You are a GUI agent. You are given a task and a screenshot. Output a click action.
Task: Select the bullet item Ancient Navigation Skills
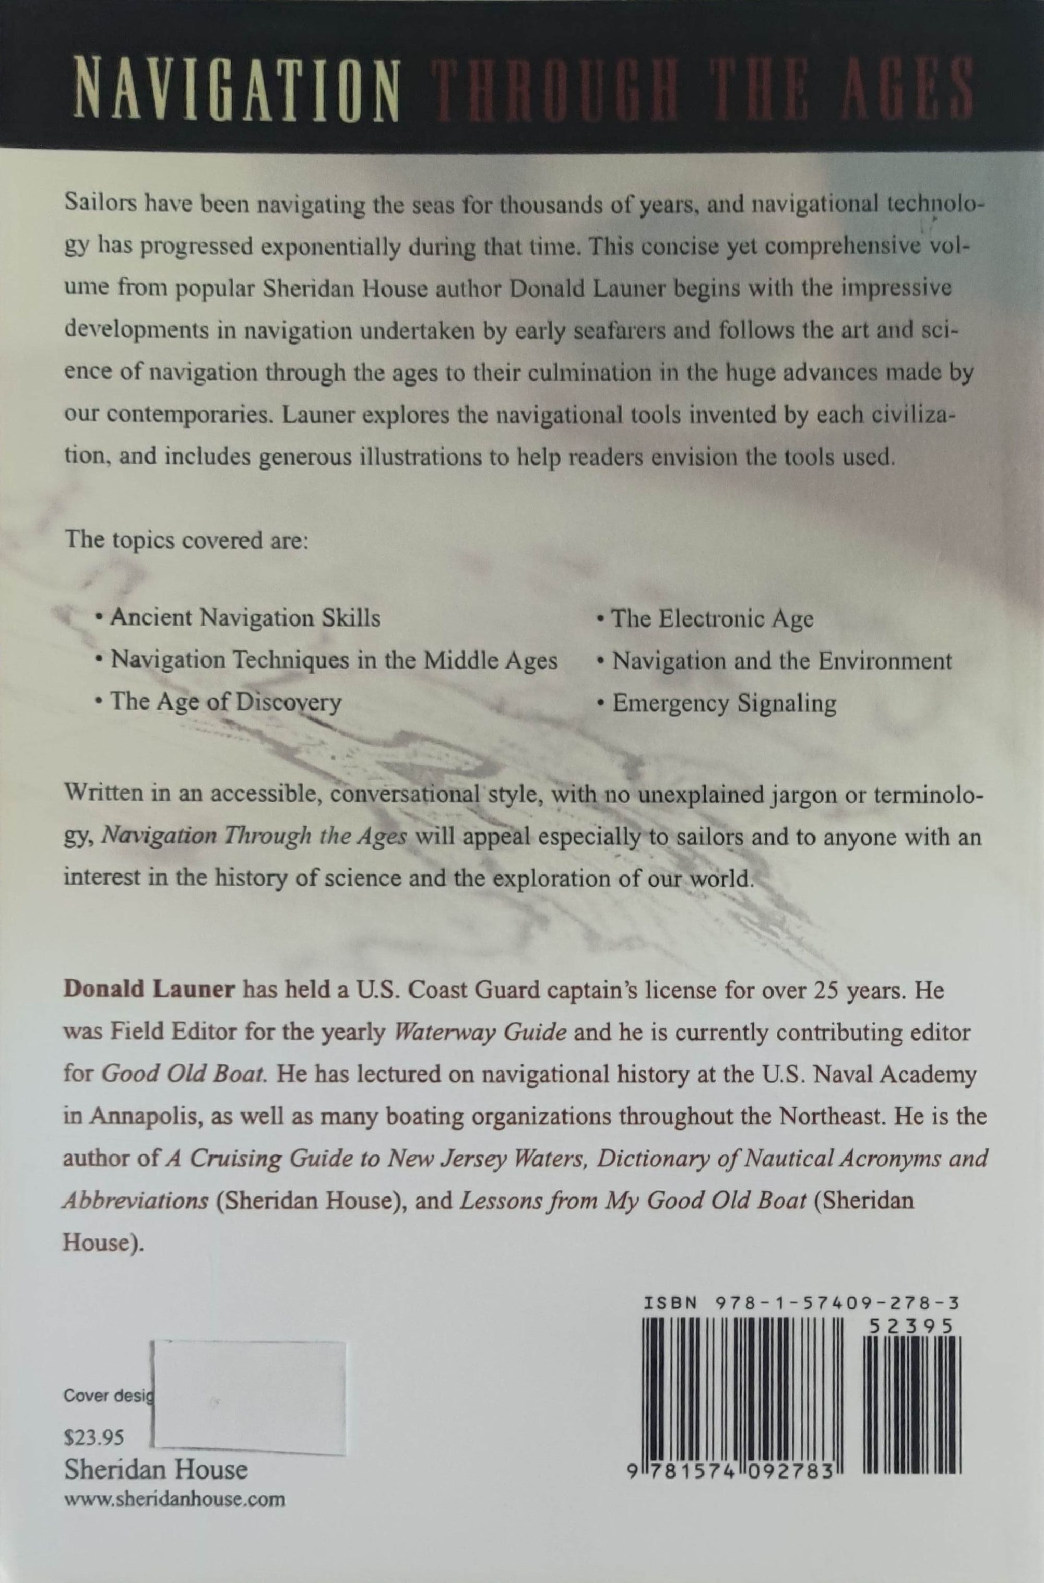coord(245,618)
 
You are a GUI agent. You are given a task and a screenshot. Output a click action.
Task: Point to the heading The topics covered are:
coord(186,539)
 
